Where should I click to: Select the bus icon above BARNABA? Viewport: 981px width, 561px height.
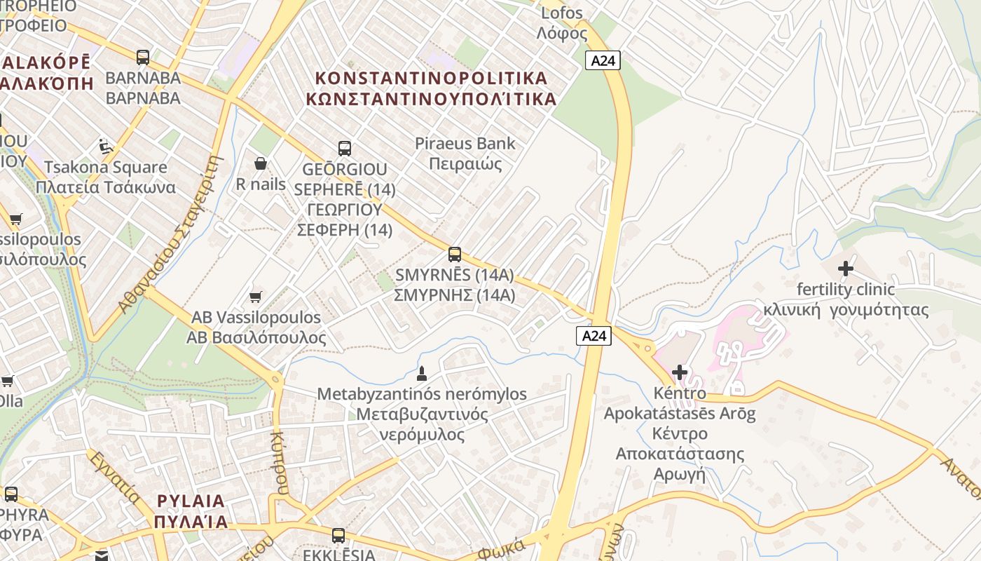[x=143, y=57]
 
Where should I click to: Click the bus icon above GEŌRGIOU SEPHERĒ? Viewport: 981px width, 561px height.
[x=345, y=148]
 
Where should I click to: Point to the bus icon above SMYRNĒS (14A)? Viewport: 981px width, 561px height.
[x=455, y=254]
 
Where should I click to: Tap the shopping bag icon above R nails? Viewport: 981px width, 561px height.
[x=261, y=163]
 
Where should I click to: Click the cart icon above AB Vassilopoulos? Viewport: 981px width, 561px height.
[x=256, y=297]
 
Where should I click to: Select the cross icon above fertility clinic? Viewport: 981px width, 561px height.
[x=846, y=268]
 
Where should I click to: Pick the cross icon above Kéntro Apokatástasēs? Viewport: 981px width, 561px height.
[x=679, y=372]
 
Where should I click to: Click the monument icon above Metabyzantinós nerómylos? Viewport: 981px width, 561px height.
[x=422, y=372]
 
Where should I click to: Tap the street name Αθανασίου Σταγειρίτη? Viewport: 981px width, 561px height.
[x=170, y=234]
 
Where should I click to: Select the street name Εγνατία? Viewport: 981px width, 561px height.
[x=114, y=477]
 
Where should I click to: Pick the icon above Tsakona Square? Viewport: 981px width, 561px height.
[x=106, y=147]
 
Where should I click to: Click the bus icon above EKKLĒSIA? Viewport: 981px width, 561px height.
[x=338, y=536]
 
